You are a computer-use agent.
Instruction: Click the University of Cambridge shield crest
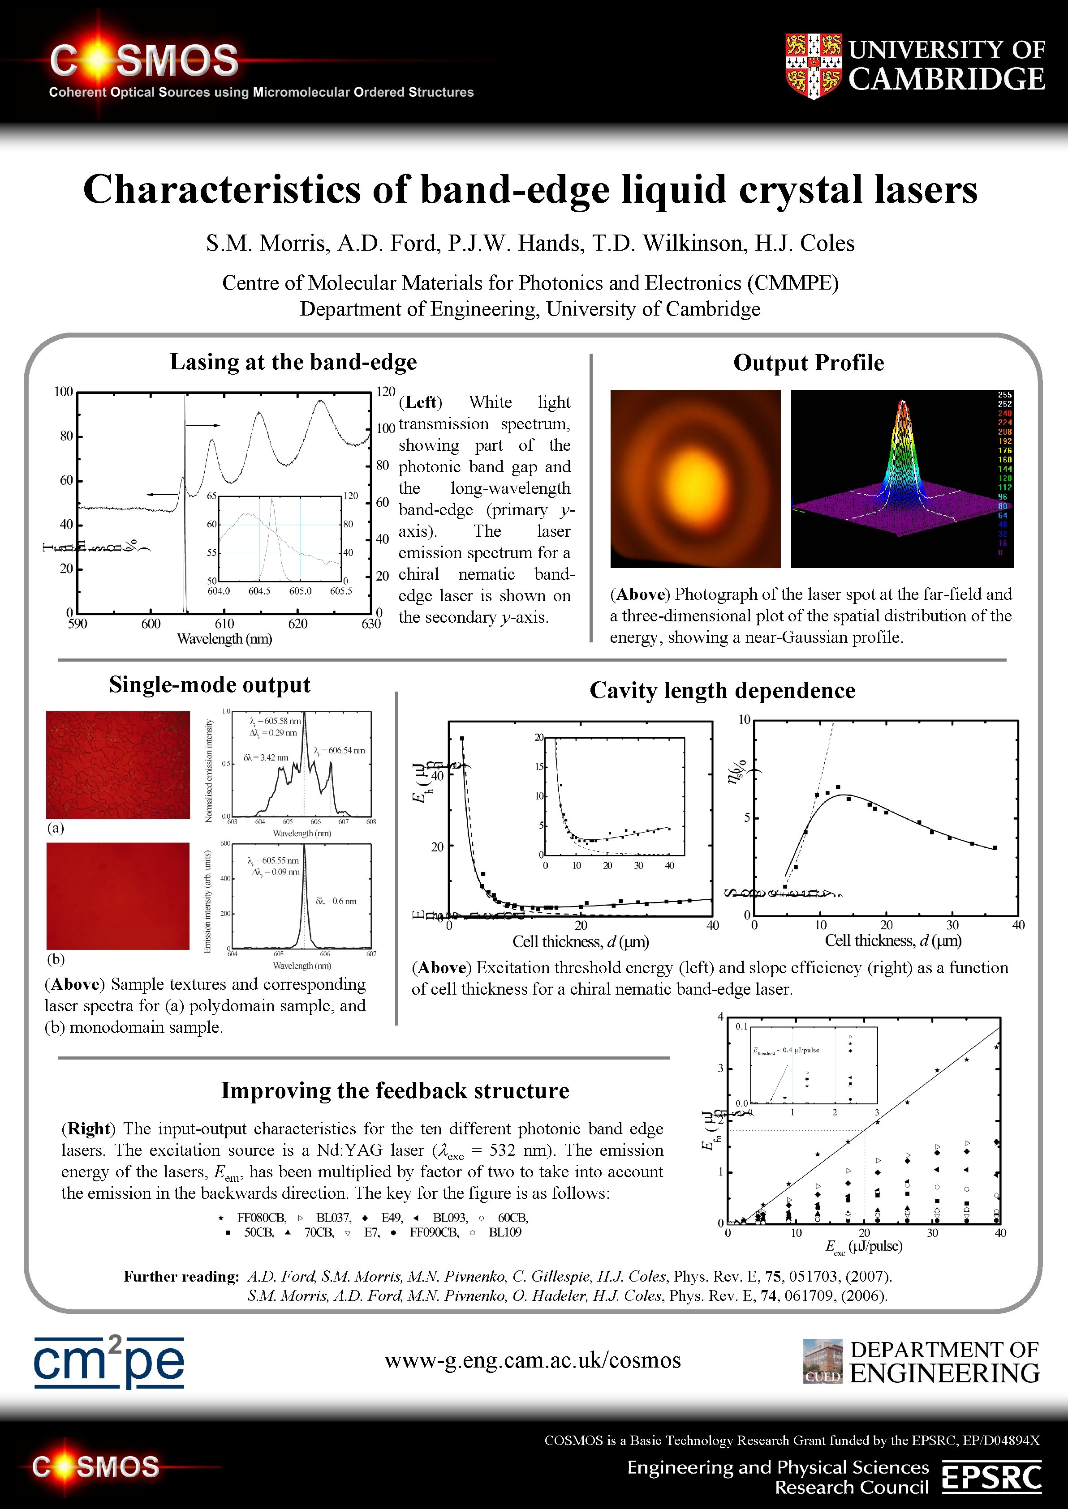click(814, 66)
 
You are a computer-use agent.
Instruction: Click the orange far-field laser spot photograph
click(695, 479)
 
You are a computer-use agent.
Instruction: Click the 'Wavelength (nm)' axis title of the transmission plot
click(224, 639)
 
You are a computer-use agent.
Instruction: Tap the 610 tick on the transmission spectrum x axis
click(224, 624)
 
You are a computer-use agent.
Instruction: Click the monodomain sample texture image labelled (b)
click(118, 896)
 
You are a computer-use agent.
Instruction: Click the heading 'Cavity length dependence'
click(722, 691)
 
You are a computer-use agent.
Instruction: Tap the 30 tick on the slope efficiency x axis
click(952, 925)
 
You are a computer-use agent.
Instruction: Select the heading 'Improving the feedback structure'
click(395, 1090)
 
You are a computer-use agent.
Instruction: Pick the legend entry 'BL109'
click(504, 1232)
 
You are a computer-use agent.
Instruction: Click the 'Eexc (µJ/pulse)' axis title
click(863, 1246)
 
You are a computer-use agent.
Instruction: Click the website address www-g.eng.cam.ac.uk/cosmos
click(533, 1360)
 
